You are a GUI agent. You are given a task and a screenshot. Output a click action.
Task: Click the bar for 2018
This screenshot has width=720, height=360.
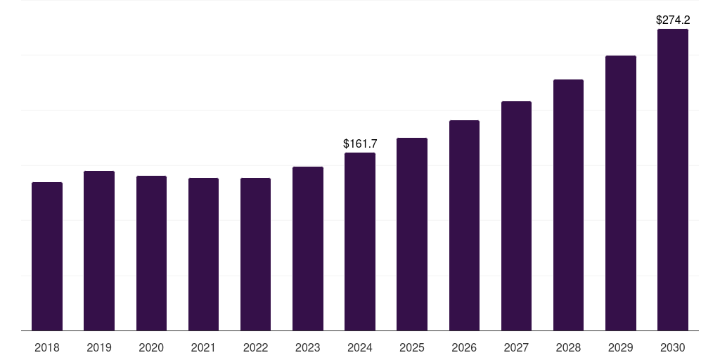(x=47, y=257)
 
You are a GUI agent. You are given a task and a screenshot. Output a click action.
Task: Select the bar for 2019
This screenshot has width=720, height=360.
(x=99, y=251)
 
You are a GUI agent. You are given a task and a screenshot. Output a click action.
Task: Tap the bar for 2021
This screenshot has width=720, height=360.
(x=203, y=255)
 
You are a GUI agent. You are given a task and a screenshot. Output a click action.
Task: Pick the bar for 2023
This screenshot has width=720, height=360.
(x=308, y=249)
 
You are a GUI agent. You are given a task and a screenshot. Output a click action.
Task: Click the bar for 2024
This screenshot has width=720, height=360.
(x=360, y=242)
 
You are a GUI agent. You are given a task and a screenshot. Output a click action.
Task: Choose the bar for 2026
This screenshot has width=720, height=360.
(x=464, y=226)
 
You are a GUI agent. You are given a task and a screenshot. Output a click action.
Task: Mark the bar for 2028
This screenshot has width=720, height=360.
(x=568, y=205)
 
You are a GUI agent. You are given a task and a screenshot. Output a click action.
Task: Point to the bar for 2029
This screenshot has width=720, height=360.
(x=621, y=193)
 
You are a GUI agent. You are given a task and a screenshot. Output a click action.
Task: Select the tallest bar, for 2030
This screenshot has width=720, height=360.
(x=673, y=180)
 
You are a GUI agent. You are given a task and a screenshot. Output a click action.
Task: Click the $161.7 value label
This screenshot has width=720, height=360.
(x=360, y=143)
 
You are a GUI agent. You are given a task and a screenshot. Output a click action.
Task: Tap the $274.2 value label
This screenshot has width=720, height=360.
(x=673, y=20)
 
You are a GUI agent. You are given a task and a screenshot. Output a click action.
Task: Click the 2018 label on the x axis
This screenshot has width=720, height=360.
(x=47, y=347)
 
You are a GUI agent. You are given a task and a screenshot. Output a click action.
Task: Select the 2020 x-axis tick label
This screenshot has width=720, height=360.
(x=151, y=347)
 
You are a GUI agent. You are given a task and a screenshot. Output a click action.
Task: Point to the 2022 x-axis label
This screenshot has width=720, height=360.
(x=255, y=347)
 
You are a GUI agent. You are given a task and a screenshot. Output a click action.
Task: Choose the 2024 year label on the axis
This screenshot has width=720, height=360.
(x=360, y=347)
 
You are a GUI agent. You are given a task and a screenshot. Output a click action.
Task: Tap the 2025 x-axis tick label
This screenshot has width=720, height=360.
(x=412, y=347)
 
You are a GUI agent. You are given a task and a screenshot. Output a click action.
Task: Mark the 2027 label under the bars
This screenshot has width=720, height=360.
(x=516, y=347)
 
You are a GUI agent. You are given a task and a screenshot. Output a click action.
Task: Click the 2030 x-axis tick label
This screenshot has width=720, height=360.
(x=673, y=347)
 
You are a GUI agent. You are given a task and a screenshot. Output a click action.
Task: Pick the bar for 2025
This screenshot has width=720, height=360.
(x=412, y=234)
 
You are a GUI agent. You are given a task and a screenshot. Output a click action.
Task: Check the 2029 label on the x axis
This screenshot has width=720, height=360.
(x=621, y=347)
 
